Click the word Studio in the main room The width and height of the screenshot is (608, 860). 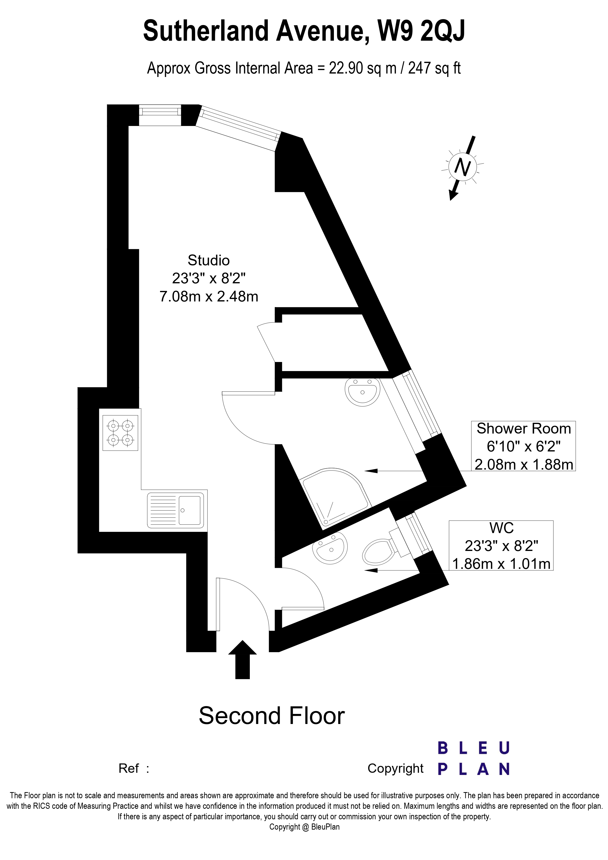point(208,260)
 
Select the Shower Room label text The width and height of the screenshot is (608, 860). point(523,428)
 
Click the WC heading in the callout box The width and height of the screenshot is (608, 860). point(501,528)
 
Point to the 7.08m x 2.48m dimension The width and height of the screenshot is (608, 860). point(209,297)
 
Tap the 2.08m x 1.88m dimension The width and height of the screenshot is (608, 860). point(523,464)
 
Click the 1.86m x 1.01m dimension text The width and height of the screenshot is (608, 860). point(501,564)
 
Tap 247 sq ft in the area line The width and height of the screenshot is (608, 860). point(434,69)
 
